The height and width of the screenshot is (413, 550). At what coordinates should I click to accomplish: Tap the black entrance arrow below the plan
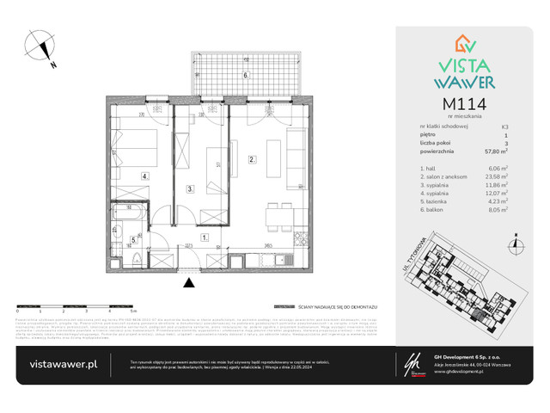[x=189, y=280]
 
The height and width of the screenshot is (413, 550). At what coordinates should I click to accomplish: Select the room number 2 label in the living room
[x=251, y=159]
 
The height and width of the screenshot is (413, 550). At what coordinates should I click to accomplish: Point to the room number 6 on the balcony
[x=245, y=75]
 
